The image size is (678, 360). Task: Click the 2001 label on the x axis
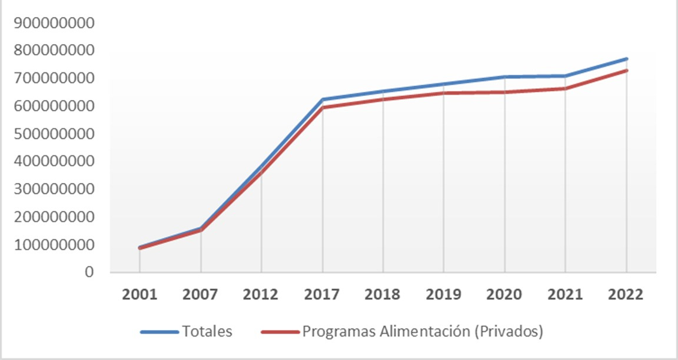139,294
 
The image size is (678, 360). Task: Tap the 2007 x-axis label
201,294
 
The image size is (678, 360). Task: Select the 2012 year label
261,294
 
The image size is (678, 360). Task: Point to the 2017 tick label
323,294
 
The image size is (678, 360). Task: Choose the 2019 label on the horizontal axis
444,294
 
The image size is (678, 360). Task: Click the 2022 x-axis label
626,294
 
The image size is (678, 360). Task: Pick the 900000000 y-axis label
55,23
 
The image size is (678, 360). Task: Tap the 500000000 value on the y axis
55,134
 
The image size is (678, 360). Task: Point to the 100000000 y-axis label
55,244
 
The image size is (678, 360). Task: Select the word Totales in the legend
207,332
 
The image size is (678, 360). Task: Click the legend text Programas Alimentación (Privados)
422,332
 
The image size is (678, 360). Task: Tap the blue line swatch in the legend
159,332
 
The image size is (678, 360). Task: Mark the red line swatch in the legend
280,332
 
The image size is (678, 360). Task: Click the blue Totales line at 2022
626,59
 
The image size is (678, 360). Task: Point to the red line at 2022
626,71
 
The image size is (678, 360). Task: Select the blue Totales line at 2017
323,99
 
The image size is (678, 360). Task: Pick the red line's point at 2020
504,92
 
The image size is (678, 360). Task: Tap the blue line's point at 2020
504,76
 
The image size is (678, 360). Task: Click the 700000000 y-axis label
55,78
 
